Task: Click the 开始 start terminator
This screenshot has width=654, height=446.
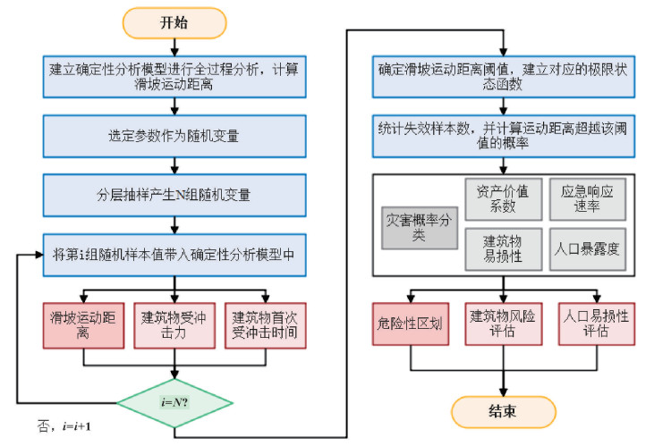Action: (175, 23)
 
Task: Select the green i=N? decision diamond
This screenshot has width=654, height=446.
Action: (174, 400)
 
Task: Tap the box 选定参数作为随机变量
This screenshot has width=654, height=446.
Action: (174, 137)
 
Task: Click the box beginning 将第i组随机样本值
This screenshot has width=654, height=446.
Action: (174, 254)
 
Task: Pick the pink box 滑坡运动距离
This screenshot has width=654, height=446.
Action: (83, 325)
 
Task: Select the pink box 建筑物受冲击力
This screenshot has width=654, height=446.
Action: (174, 325)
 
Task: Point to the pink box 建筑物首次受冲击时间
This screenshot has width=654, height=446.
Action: (265, 325)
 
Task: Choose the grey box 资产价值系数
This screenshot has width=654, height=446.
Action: (503, 199)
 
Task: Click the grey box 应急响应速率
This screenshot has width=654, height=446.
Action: (587, 199)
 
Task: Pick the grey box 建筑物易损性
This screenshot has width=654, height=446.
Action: (503, 249)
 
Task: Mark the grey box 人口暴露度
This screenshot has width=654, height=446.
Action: (587, 249)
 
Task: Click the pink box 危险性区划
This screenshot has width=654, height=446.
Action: (412, 323)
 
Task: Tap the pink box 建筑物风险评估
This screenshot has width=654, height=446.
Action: (503, 323)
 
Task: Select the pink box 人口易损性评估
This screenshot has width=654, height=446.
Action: (594, 323)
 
